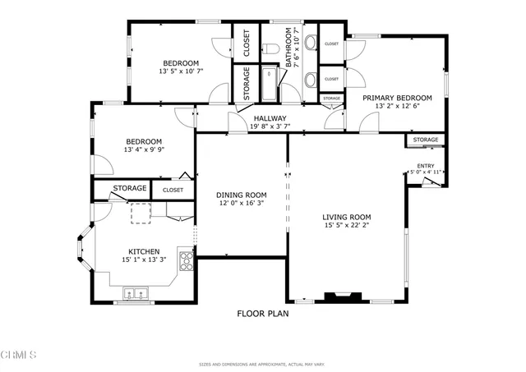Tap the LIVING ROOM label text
(346, 217)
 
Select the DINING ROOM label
(242, 195)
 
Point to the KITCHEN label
(143, 251)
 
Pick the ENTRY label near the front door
(426, 166)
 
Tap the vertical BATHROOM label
(289, 48)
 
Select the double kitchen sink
(135, 292)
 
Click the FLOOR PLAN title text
(262, 313)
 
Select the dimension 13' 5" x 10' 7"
(180, 72)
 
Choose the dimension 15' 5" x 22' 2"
(346, 226)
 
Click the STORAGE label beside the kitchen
(130, 189)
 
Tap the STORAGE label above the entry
(426, 140)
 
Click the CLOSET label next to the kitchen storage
(173, 190)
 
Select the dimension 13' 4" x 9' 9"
(143, 149)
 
